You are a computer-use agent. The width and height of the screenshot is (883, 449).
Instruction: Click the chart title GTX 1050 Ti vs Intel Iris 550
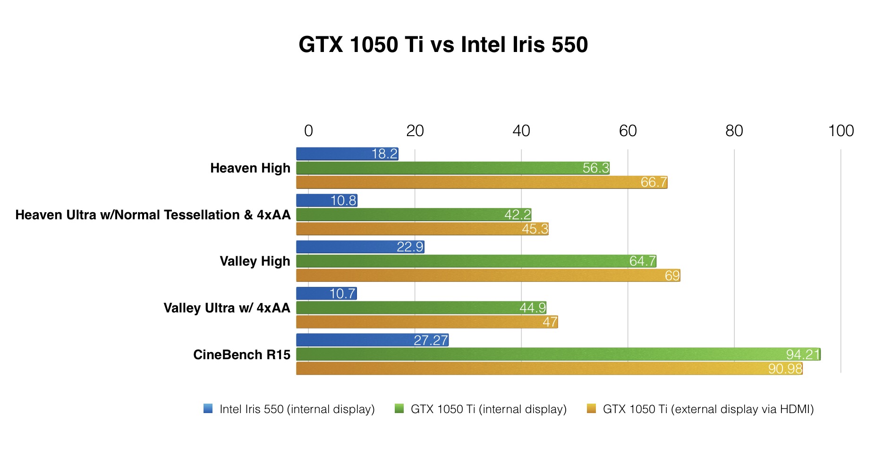[443, 45]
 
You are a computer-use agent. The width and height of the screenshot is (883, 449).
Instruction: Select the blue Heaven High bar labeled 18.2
[347, 154]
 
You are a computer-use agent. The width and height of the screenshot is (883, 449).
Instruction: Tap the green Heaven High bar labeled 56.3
[452, 168]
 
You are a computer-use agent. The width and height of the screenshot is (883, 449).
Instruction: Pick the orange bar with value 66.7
[482, 182]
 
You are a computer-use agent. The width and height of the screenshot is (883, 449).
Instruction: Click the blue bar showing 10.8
[326, 200]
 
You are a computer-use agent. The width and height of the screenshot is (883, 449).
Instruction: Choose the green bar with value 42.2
[413, 215]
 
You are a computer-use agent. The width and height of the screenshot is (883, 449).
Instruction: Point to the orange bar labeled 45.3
[422, 229]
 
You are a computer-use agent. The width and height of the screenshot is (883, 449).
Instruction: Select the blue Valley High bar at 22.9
[360, 247]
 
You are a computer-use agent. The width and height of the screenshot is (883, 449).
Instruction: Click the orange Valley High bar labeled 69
[488, 275]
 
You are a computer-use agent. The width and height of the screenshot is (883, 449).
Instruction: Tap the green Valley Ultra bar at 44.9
[421, 308]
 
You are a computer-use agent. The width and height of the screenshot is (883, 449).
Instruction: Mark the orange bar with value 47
[427, 322]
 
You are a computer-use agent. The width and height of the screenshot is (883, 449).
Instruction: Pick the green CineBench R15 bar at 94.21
[558, 354]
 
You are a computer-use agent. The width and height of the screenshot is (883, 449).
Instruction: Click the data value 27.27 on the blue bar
[431, 340]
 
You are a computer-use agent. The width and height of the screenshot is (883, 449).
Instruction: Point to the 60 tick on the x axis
[628, 131]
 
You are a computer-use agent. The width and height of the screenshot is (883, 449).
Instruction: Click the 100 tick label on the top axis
[841, 131]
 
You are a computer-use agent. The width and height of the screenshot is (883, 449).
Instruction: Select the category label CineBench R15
[242, 354]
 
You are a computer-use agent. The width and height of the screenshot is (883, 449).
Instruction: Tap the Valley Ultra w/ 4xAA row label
[227, 308]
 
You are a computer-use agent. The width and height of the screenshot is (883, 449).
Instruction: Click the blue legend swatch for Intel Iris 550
[208, 409]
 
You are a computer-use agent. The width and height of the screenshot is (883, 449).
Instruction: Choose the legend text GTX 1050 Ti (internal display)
[489, 409]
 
